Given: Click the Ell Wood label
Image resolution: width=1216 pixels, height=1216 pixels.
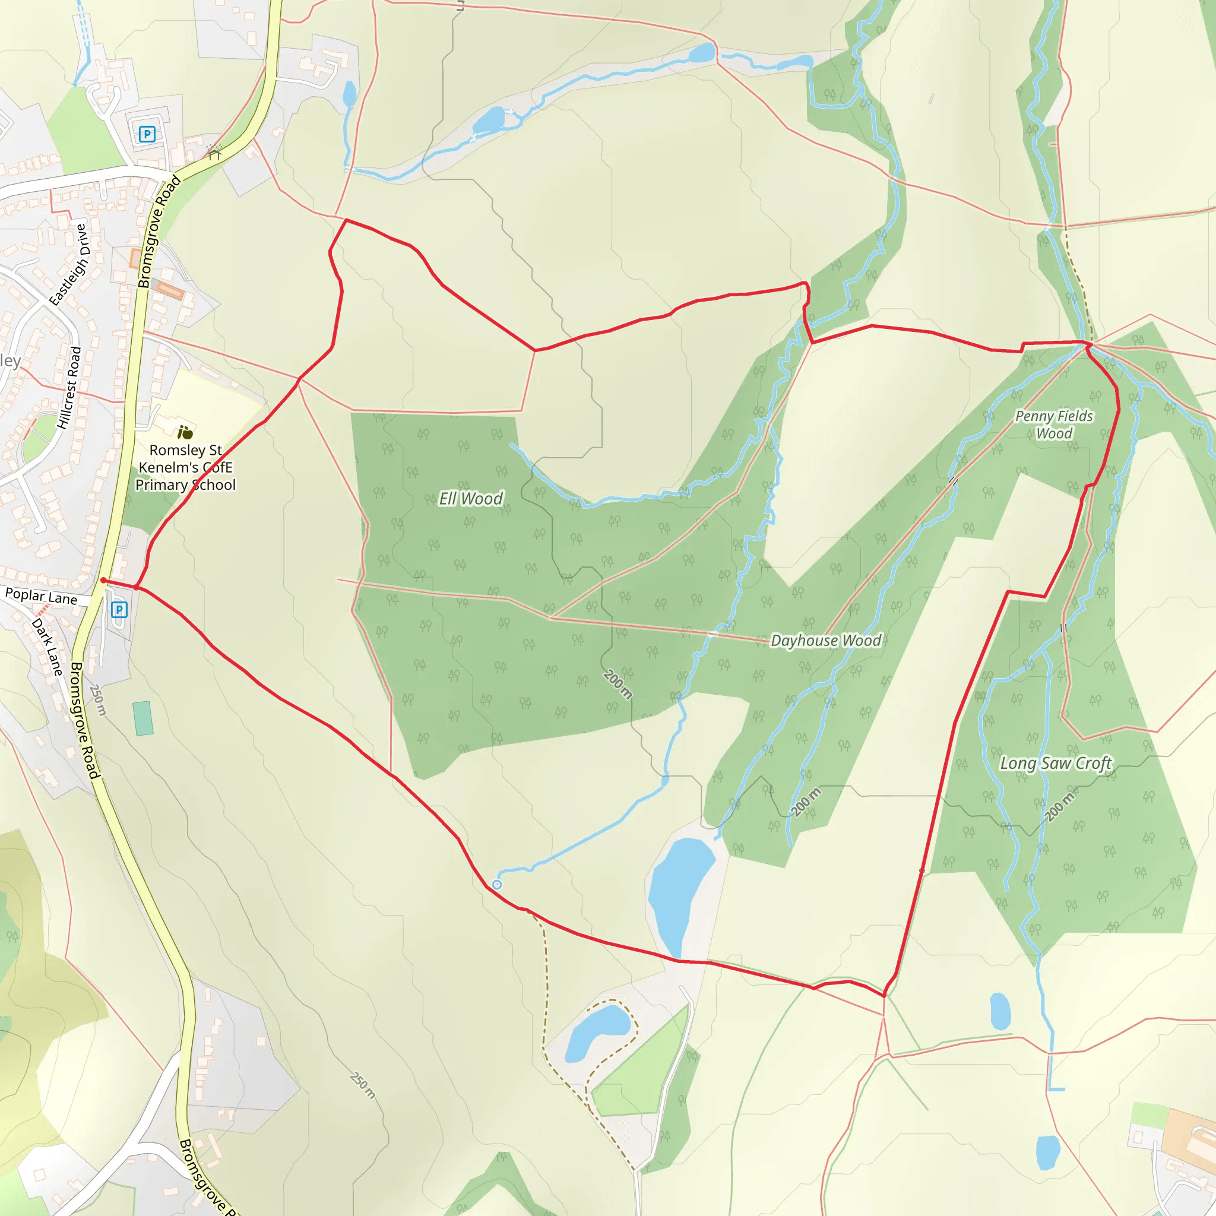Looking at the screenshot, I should [471, 499].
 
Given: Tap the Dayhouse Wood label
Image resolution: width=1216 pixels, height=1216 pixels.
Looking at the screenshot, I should [825, 641].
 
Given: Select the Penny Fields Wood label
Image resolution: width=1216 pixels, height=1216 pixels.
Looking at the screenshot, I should [1054, 425].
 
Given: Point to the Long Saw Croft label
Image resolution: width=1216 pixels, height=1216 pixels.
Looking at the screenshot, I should [1056, 764].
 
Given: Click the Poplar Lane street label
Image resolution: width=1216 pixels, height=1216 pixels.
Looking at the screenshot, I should [41, 596].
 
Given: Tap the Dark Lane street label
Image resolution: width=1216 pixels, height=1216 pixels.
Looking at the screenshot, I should [48, 647].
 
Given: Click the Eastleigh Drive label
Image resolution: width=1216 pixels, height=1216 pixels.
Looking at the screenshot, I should [70, 264].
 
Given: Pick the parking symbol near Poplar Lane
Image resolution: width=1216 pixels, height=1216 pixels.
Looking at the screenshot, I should [119, 609].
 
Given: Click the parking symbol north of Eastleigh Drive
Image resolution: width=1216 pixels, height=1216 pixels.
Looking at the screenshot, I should [147, 134].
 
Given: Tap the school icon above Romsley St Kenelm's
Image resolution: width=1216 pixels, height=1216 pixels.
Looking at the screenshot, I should [185, 432].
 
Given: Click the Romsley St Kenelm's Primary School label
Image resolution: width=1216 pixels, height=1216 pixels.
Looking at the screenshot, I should [186, 468].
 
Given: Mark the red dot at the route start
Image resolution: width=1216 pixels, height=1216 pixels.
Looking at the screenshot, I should [103, 580].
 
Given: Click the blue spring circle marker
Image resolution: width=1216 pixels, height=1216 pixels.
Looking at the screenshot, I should [496, 885].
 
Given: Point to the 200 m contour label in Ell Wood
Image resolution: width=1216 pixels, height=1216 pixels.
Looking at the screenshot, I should [617, 684].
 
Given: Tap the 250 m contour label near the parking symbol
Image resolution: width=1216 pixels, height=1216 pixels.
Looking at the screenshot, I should [98, 700].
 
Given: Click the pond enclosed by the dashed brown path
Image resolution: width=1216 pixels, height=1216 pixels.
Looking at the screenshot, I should [597, 1031].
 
